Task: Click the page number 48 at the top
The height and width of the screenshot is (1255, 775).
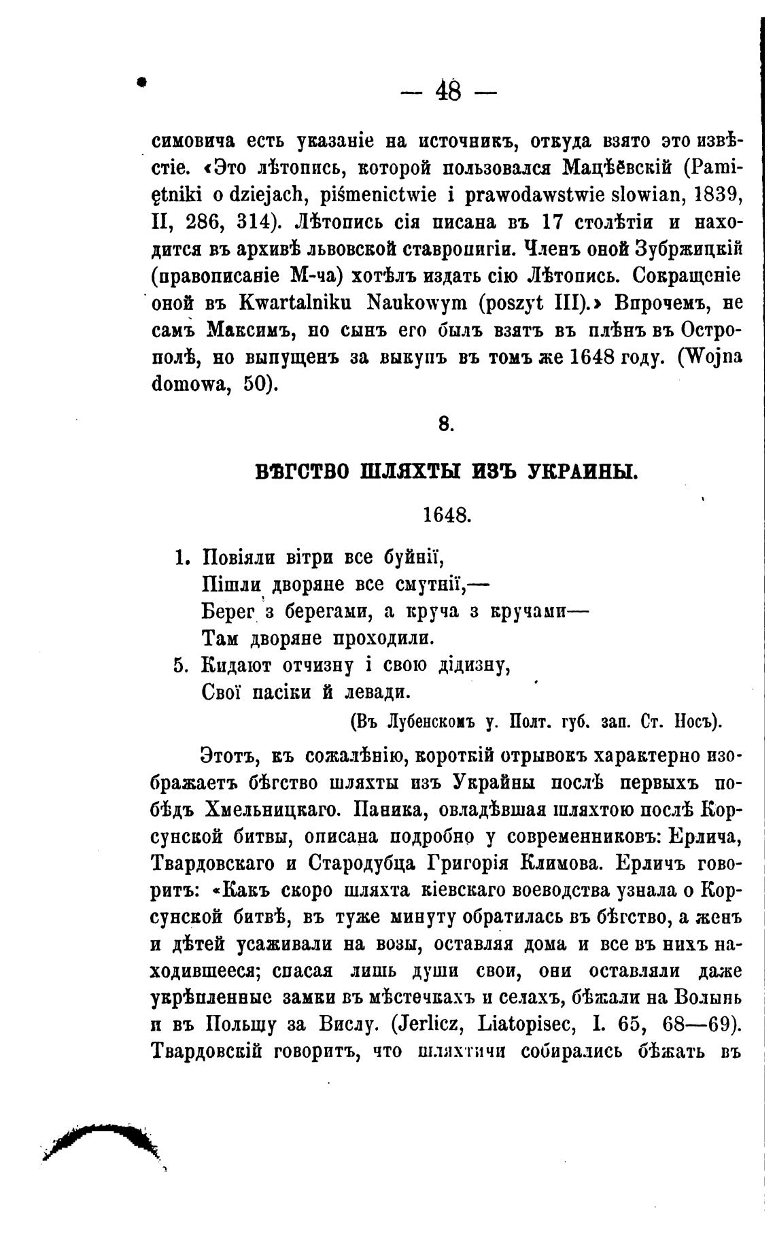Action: coord(449,90)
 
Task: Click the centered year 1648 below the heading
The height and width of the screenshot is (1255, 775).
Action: coord(446,515)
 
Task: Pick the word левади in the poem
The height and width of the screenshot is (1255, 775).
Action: coord(377,692)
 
